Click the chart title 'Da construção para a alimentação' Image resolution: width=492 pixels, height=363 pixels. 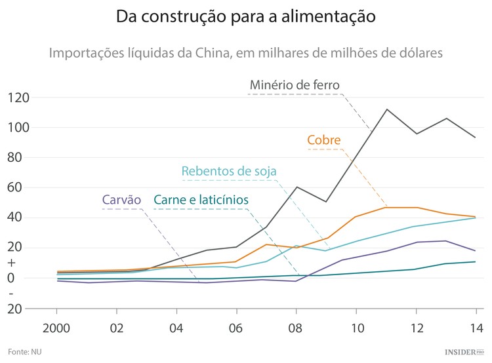[x=245, y=17]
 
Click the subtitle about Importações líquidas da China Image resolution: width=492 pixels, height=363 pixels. [x=245, y=52]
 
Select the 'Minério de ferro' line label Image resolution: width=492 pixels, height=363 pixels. [x=295, y=85]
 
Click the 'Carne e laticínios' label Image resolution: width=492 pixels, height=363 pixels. [x=201, y=200]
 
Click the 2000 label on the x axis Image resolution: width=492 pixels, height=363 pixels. [x=57, y=327]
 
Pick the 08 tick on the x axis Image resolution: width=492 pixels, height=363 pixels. [x=297, y=327]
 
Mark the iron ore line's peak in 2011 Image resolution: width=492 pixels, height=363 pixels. [x=387, y=109]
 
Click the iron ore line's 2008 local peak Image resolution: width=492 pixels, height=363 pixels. [x=297, y=187]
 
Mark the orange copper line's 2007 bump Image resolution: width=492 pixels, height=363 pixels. [x=267, y=244]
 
